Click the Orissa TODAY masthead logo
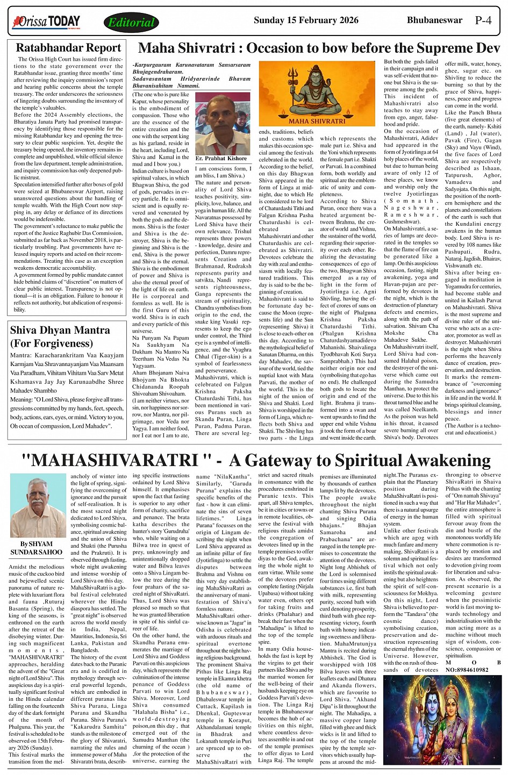click(x=46, y=22)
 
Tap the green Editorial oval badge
click(x=131, y=23)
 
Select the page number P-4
click(x=483, y=20)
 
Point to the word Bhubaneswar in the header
click(x=434, y=20)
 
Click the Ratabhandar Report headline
click(x=68, y=48)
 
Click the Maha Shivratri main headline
click(x=319, y=48)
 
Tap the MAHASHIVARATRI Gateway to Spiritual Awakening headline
click(x=256, y=460)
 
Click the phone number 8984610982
click(x=467, y=670)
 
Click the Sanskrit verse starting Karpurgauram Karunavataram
click(x=191, y=75)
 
